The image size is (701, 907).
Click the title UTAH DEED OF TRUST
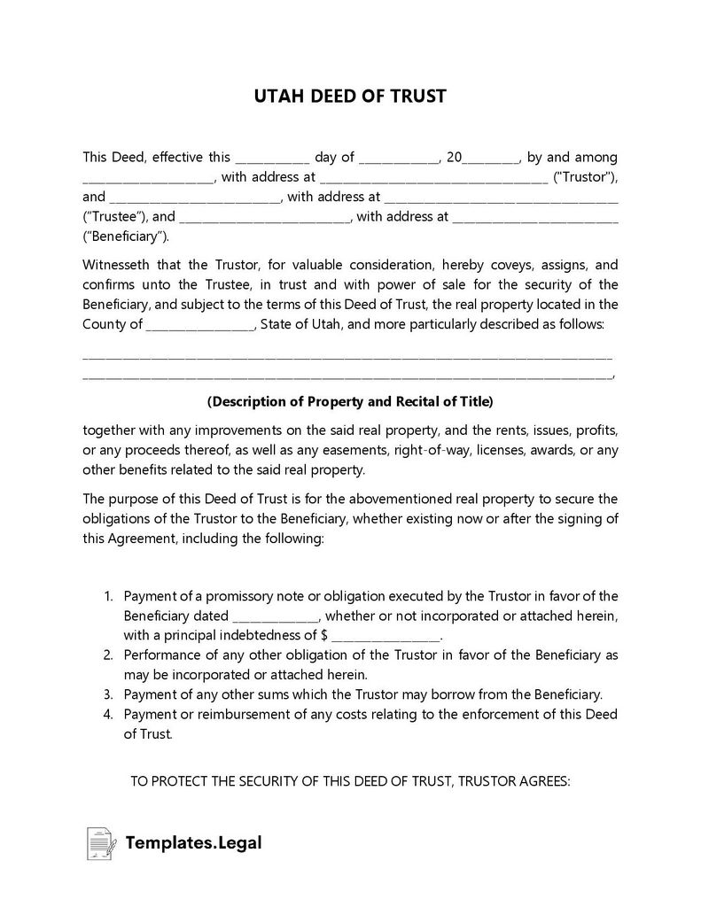350,96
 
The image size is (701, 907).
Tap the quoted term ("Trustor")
585,177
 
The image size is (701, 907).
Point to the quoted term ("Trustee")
115,216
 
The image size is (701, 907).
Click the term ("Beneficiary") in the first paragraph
125,236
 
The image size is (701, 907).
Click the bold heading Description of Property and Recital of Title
350,401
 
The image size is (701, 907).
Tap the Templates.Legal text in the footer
193,843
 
